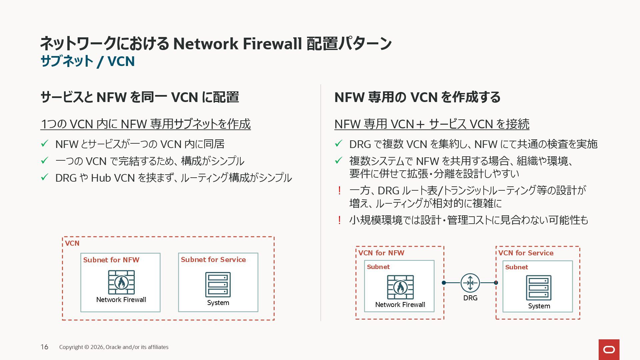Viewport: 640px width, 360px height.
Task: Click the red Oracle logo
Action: (x=609, y=349)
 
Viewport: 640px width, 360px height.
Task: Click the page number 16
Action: (x=44, y=347)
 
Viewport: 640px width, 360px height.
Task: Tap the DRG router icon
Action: (x=470, y=283)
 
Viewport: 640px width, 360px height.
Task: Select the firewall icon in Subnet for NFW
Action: (x=121, y=282)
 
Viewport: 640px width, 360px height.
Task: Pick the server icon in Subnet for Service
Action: (x=218, y=285)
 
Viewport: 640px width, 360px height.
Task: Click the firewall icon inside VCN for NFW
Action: (x=400, y=287)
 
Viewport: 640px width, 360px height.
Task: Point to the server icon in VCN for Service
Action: (x=539, y=288)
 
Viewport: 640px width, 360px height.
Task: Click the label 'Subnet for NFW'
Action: (x=111, y=260)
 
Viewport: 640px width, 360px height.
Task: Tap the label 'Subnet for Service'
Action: (x=213, y=260)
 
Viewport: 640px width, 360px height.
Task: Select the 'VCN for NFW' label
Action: (x=381, y=253)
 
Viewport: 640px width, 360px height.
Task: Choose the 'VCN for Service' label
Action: (x=526, y=253)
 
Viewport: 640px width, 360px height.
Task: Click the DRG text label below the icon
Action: (x=470, y=298)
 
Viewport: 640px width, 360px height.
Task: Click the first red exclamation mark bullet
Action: (x=339, y=191)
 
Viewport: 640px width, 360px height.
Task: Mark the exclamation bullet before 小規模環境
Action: (x=339, y=220)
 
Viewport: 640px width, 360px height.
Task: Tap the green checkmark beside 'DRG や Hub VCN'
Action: (x=45, y=177)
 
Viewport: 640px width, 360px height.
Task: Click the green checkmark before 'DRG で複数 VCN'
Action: (x=339, y=144)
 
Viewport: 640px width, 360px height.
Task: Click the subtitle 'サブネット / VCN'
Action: (x=87, y=61)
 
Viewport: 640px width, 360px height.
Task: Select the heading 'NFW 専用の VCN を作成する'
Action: (x=417, y=97)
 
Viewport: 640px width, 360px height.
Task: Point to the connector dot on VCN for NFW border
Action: (x=444, y=283)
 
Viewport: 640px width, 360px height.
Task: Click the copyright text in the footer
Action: (x=114, y=347)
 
